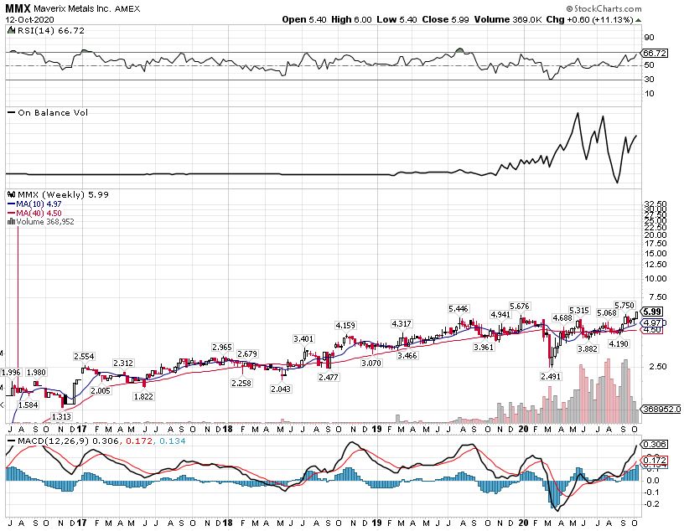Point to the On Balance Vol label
(x=52, y=112)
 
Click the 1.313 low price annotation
(x=60, y=415)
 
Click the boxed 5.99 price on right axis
(x=654, y=311)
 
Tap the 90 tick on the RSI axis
(x=648, y=38)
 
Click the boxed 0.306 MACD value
(x=653, y=444)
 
